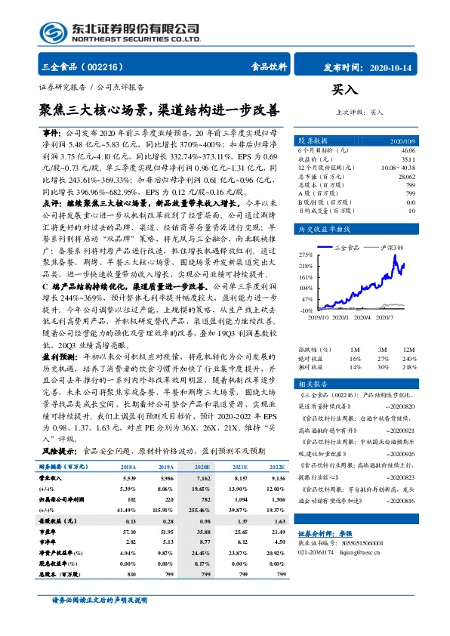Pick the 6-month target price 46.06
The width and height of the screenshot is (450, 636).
point(407,151)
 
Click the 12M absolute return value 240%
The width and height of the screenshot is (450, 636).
point(408,358)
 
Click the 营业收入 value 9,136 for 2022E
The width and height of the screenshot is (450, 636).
point(277,478)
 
